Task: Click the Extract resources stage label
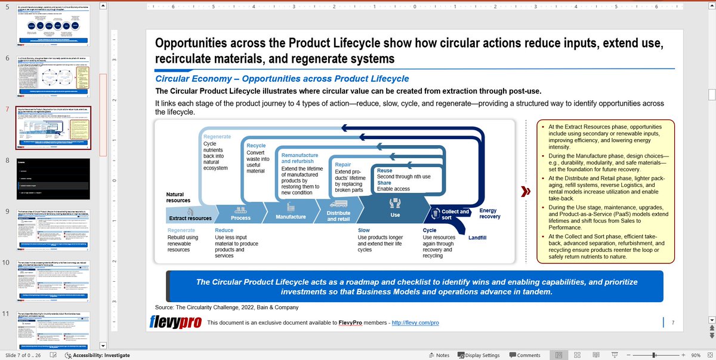190,219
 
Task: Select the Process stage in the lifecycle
240,218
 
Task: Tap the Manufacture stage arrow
291,217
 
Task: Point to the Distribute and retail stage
338,216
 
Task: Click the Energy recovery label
490,213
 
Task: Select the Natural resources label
178,197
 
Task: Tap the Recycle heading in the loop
256,146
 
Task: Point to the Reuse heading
384,171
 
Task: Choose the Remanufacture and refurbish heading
300,158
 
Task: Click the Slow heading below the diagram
363,230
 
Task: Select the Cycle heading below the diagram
429,230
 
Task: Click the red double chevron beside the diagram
526,192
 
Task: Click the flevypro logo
175,322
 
